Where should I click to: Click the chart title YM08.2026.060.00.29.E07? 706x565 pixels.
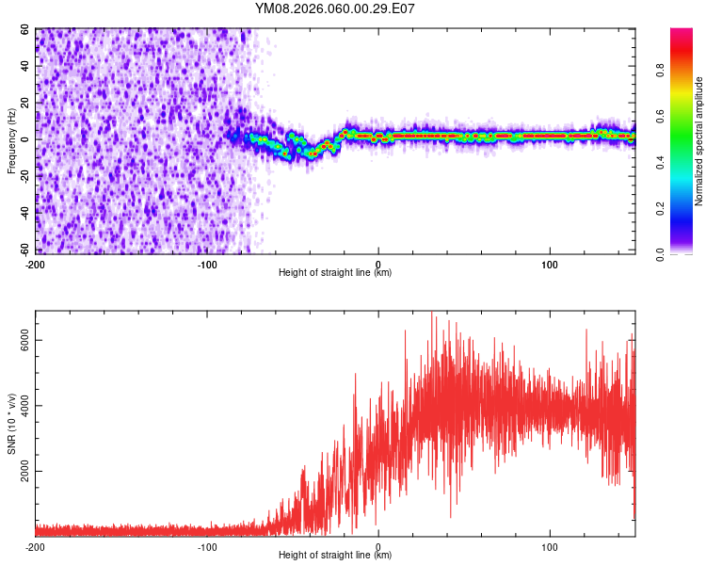pos(335,9)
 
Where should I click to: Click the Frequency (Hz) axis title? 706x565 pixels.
pos(11,140)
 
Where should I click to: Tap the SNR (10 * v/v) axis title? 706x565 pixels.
pos(11,424)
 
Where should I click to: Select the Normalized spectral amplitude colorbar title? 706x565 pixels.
pos(699,141)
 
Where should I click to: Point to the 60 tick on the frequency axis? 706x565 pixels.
pos(26,29)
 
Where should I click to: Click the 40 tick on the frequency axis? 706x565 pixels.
pos(26,66)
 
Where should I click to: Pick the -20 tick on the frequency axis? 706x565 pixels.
pos(24,177)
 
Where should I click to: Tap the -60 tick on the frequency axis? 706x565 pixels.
pos(24,251)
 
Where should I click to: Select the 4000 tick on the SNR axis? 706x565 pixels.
pos(21,406)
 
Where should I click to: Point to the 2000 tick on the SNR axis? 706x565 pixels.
pos(21,471)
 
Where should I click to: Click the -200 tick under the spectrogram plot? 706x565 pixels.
pos(36,263)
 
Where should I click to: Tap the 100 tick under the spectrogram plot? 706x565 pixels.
pos(550,263)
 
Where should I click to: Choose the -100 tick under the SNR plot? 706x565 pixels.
pos(207,546)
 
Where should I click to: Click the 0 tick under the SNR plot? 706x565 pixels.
pos(378,546)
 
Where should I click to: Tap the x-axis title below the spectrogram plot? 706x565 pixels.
pos(335,273)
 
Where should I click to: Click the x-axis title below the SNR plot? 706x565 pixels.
pos(335,557)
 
